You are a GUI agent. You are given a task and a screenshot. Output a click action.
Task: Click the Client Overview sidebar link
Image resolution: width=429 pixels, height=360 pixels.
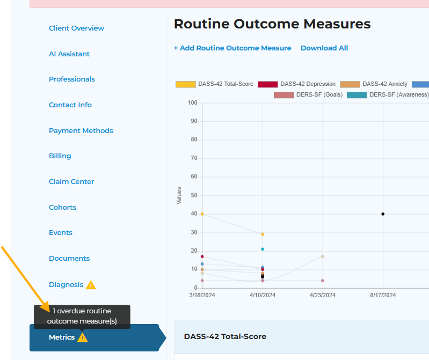click(x=76, y=28)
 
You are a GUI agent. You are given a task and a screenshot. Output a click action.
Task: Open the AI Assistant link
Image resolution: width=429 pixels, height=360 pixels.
click(x=69, y=54)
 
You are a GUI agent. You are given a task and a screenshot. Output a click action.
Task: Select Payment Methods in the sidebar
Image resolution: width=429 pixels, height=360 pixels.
click(x=81, y=131)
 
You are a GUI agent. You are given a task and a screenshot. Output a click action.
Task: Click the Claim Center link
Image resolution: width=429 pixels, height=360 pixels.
click(x=71, y=182)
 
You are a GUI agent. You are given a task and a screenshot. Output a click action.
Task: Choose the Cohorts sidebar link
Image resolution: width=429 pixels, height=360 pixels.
click(x=62, y=208)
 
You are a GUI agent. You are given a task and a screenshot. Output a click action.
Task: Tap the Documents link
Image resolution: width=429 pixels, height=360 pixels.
click(x=69, y=259)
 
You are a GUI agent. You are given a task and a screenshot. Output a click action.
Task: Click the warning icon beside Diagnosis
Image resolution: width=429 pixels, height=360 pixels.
click(x=91, y=285)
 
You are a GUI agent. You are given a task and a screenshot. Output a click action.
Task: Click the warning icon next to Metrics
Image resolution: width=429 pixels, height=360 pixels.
click(x=82, y=337)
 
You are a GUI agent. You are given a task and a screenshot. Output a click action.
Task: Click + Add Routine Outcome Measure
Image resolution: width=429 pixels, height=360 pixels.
click(x=232, y=48)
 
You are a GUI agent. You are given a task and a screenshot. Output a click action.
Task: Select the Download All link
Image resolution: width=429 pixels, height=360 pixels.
click(x=324, y=48)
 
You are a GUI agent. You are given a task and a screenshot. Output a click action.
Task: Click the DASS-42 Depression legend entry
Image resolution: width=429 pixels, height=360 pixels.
click(x=296, y=84)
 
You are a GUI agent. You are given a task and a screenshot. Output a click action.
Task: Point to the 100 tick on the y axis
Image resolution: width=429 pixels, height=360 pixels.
click(x=192, y=103)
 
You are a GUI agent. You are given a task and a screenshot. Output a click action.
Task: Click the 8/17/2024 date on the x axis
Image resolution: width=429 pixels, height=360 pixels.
click(x=383, y=295)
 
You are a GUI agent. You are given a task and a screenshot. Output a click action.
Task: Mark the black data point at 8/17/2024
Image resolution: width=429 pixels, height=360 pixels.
click(x=383, y=214)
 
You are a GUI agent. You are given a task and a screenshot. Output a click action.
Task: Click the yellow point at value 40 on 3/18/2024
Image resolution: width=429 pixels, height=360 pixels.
click(x=202, y=214)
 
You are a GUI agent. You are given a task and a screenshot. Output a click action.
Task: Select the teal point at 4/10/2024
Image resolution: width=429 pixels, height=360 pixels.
click(x=263, y=249)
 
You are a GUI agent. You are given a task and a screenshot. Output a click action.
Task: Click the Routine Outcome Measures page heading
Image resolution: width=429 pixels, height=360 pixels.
click(x=272, y=24)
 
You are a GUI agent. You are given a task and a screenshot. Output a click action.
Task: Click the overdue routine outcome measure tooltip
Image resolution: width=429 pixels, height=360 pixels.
click(x=82, y=316)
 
